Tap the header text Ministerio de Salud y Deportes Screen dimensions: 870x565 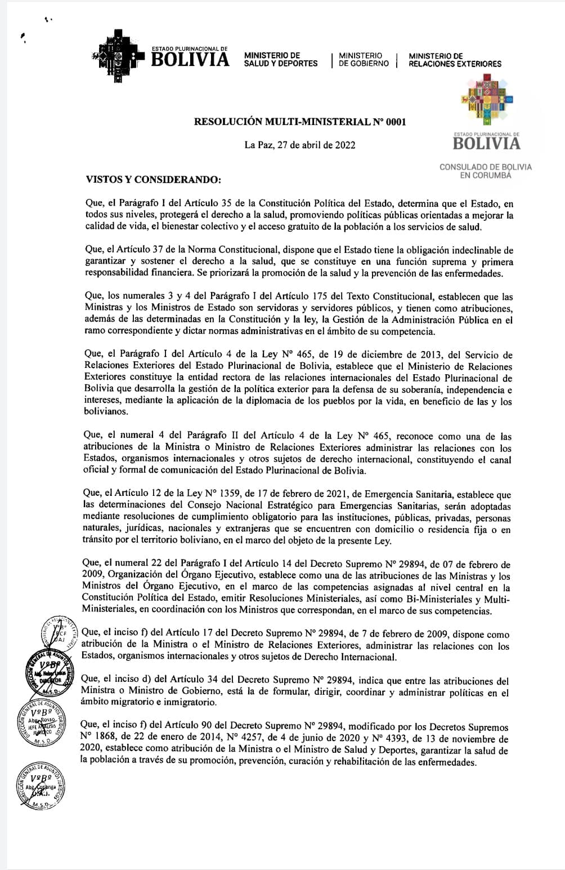pyautogui.click(x=280, y=60)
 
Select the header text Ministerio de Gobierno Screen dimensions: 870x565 pyautogui.click(x=364, y=60)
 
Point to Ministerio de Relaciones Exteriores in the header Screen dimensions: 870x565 pyautogui.click(x=455, y=60)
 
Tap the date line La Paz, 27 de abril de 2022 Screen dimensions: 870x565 pyautogui.click(x=300, y=145)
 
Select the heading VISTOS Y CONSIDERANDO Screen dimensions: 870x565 pyautogui.click(x=154, y=180)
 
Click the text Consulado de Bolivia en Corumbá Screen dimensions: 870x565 pyautogui.click(x=485, y=171)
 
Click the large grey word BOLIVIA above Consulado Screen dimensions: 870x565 pyautogui.click(x=487, y=144)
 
